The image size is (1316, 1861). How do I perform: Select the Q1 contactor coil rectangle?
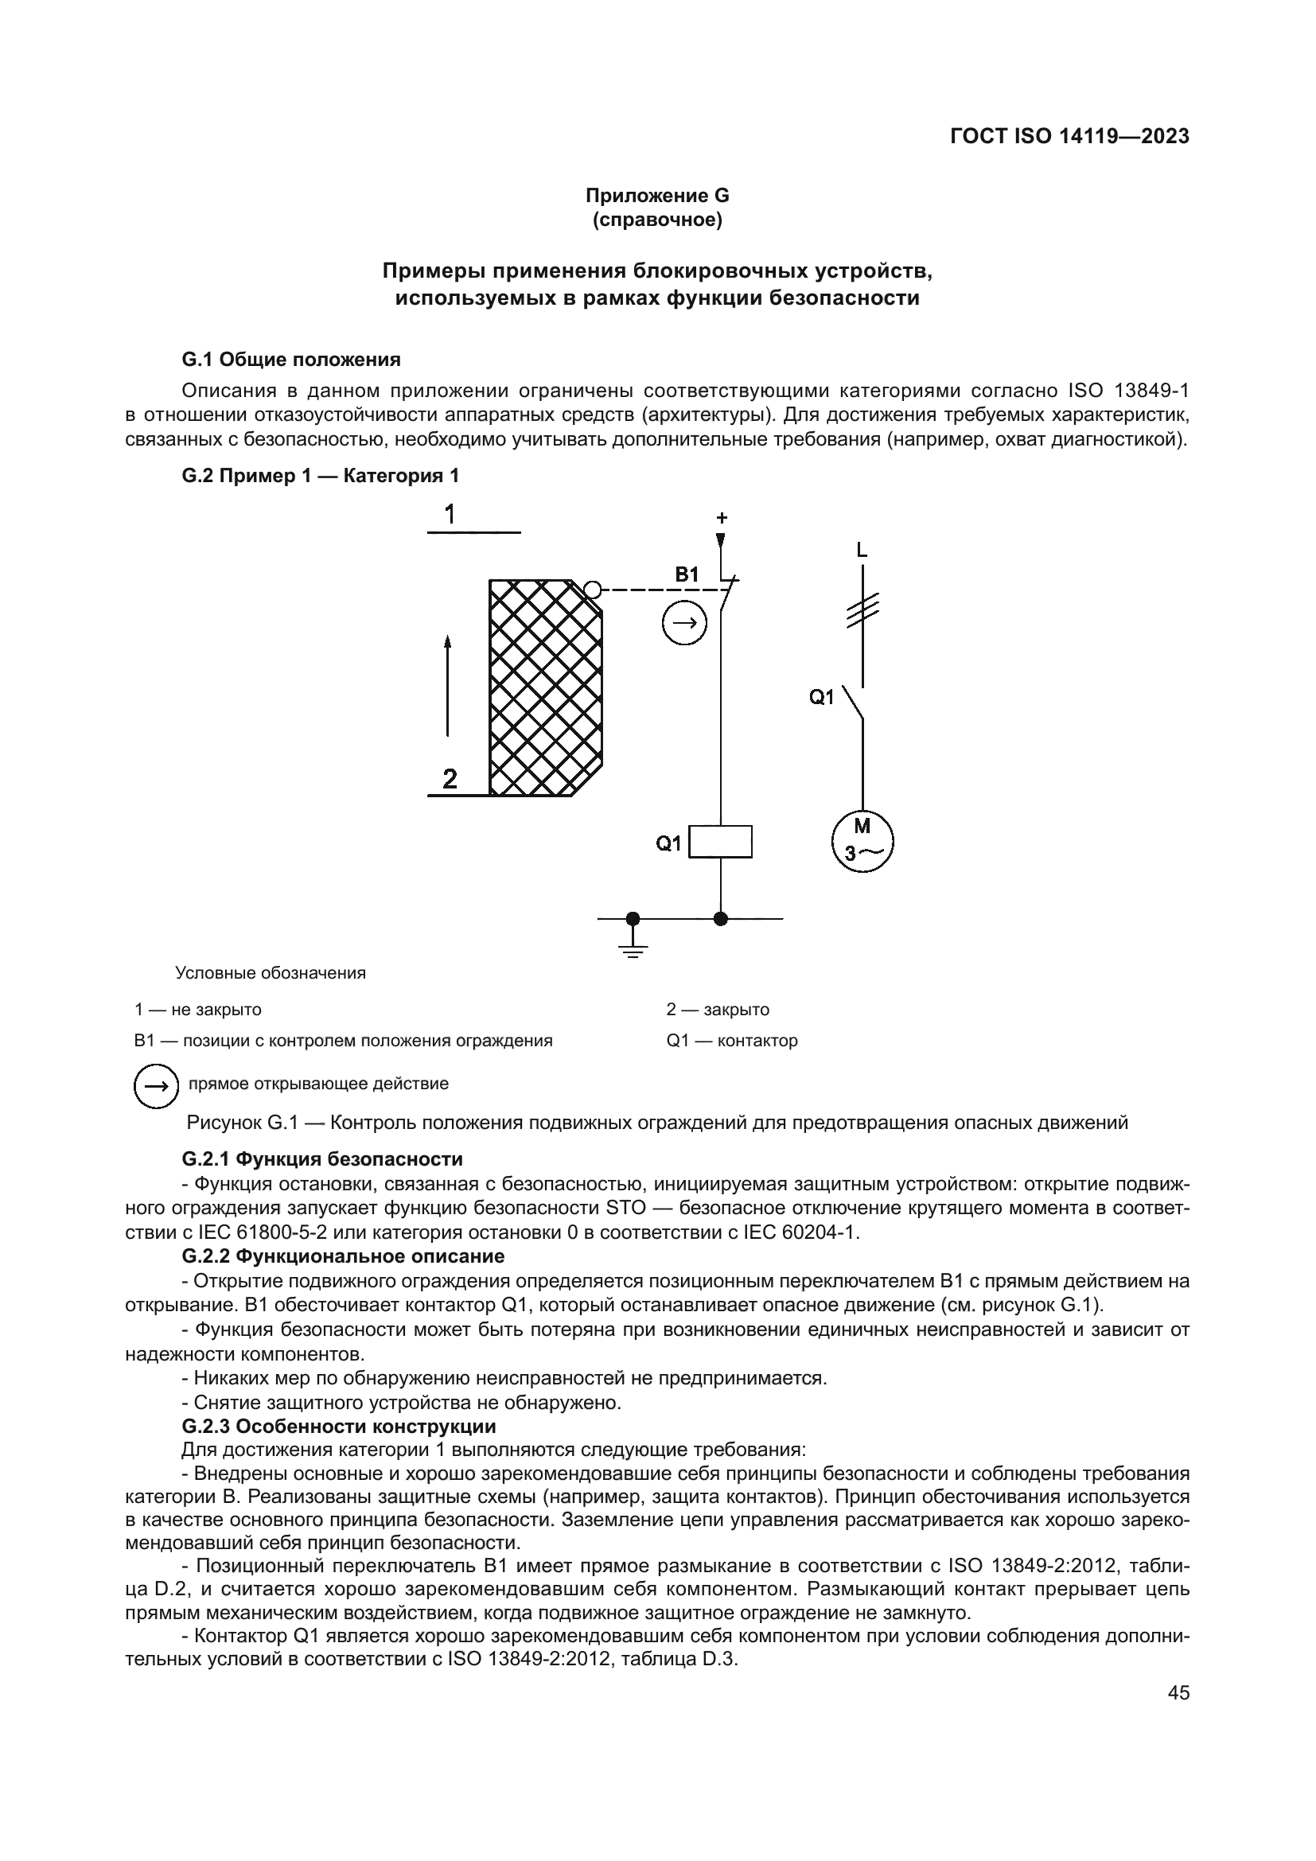pyautogui.click(x=719, y=841)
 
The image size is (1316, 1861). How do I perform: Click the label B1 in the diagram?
pyautogui.click(x=687, y=574)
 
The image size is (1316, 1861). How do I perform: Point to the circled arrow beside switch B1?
pyautogui.click(x=685, y=623)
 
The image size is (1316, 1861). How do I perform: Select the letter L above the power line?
pyautogui.click(x=862, y=551)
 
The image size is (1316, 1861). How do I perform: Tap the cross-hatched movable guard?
pyautogui.click(x=544, y=688)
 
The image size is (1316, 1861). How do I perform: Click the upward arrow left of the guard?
pyautogui.click(x=447, y=686)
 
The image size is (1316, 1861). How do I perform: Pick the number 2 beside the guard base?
pyautogui.click(x=450, y=779)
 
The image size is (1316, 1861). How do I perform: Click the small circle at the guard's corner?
pyautogui.click(x=593, y=590)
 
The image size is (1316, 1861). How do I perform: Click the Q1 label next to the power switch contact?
pyautogui.click(x=822, y=697)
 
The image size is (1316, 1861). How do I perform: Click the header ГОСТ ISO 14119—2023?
pyautogui.click(x=1069, y=136)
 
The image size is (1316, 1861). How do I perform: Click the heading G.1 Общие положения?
pyautogui.click(x=291, y=359)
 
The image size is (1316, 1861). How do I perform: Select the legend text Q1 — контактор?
pyautogui.click(x=732, y=1041)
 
